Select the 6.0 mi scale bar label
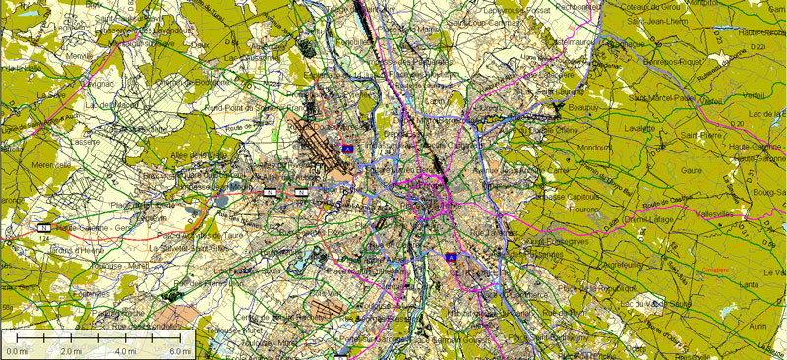179,351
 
